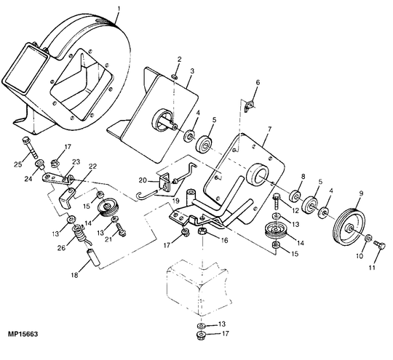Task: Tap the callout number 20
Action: [143, 181]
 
